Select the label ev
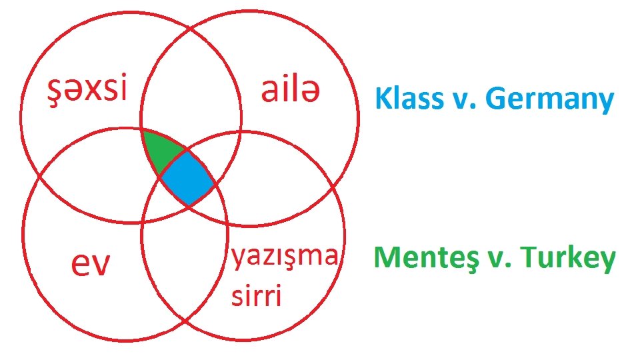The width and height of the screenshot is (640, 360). (91, 265)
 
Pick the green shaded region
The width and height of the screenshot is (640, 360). (160, 152)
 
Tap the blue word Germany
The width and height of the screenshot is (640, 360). (549, 100)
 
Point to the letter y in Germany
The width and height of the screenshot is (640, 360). (605, 103)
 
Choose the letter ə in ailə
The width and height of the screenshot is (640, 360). (309, 92)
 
